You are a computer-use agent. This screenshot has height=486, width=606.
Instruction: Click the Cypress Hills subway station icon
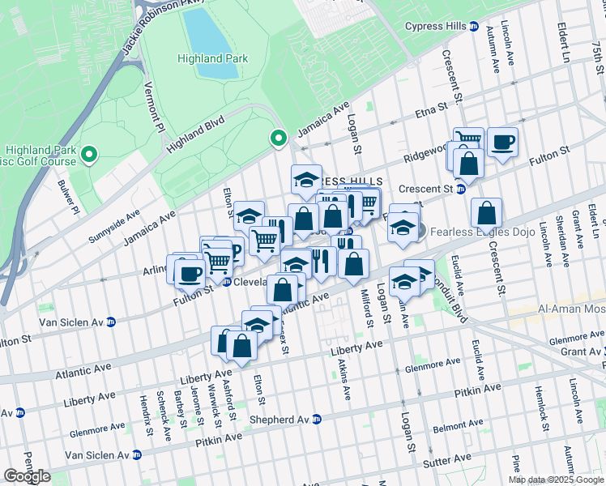tap(473, 26)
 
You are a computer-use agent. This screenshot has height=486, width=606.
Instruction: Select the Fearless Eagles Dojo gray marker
tap(419, 230)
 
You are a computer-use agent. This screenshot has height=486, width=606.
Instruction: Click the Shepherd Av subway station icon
tap(317, 419)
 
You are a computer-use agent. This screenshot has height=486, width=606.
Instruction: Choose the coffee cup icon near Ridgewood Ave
tap(502, 143)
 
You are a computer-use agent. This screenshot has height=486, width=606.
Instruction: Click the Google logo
tap(27, 476)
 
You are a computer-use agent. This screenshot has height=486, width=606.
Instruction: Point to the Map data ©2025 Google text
tap(556, 480)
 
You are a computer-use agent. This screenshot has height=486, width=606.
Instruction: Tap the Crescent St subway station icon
tap(459, 189)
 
